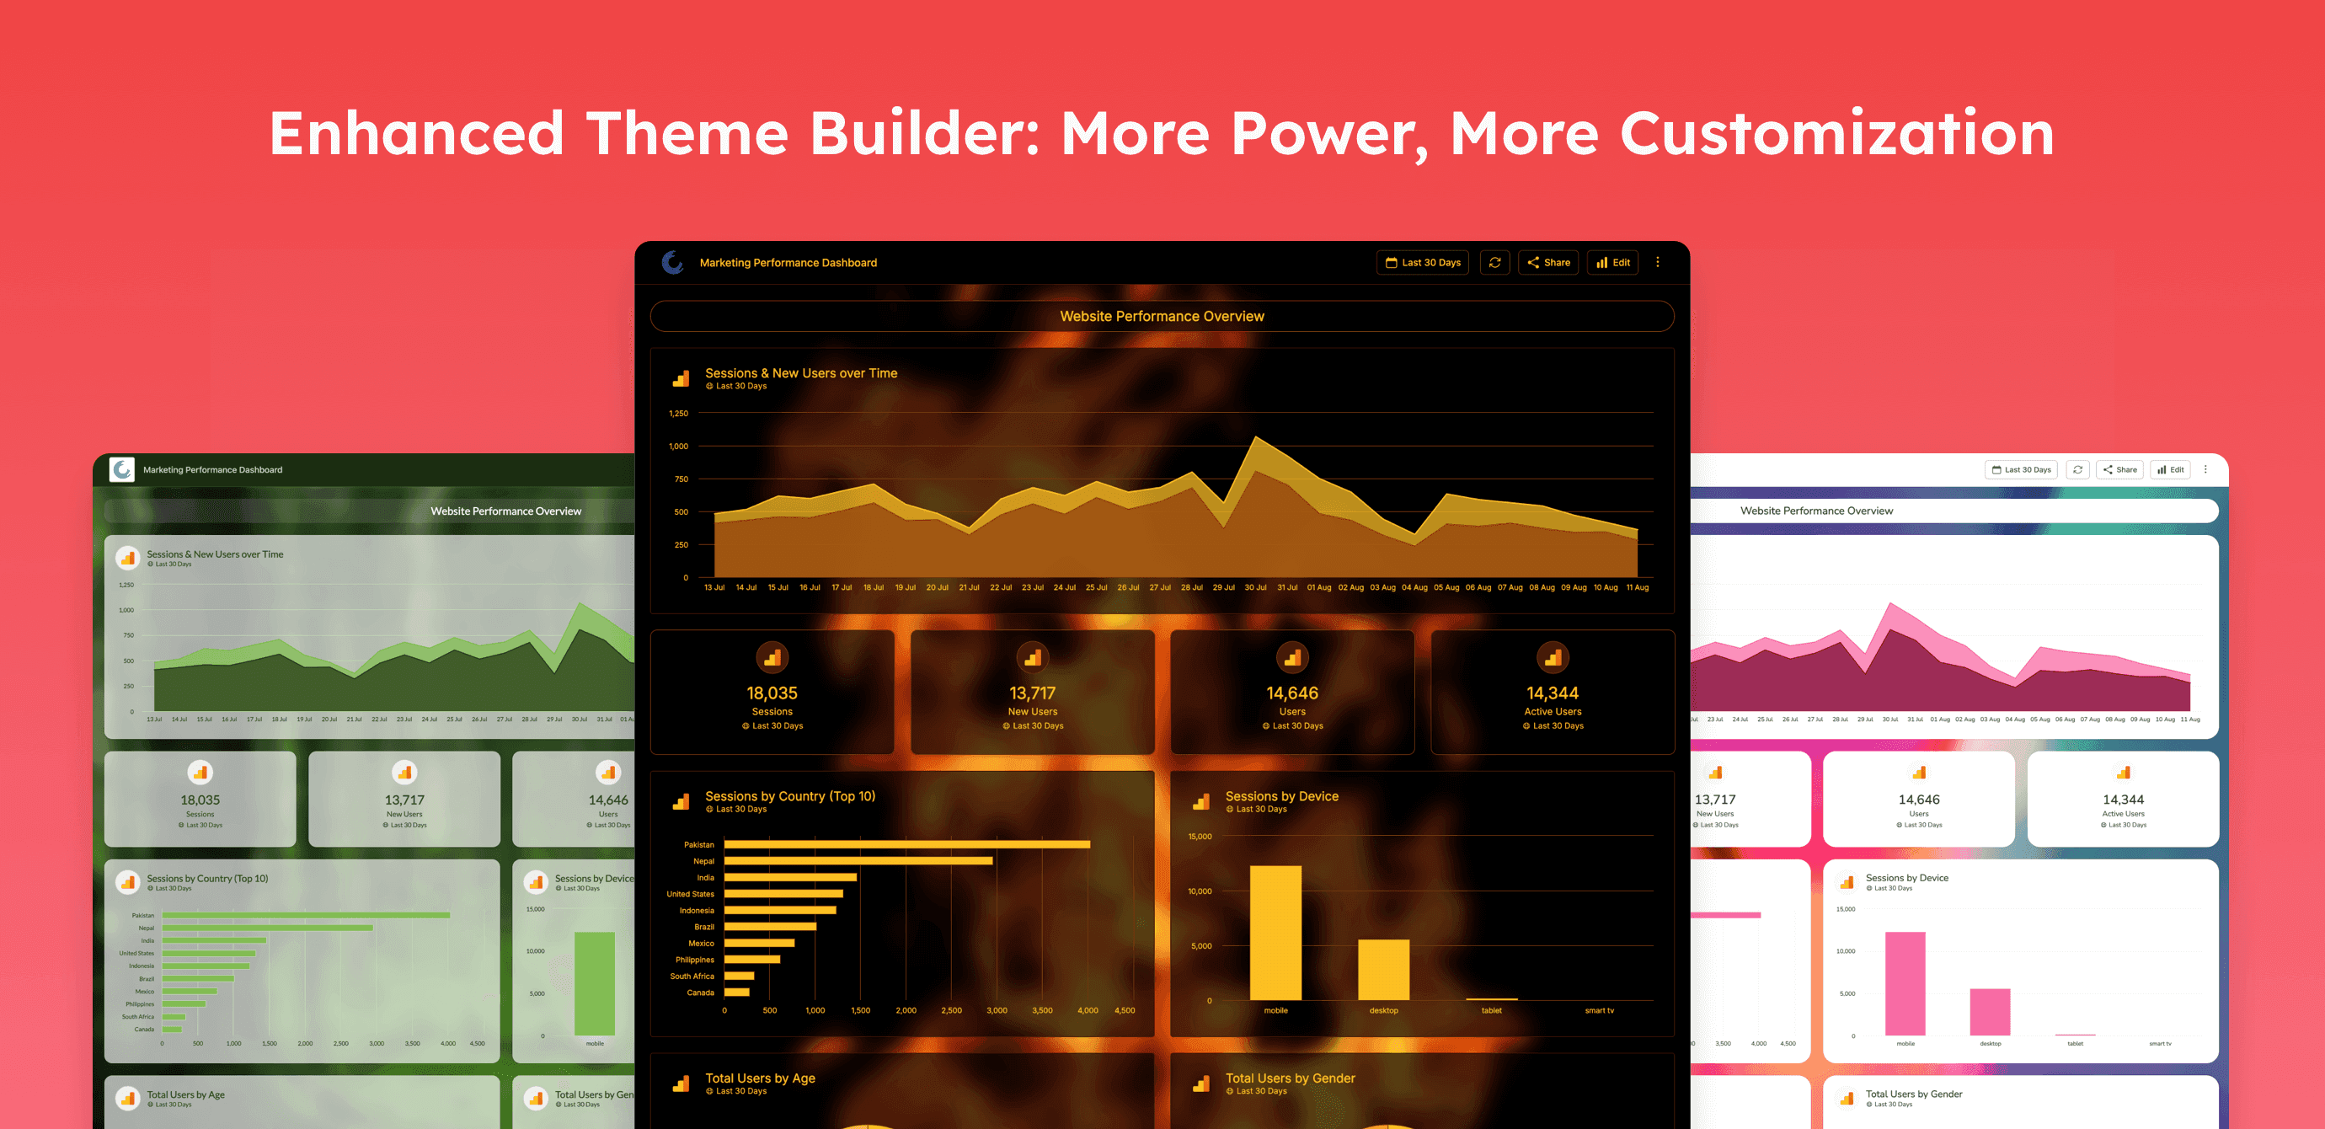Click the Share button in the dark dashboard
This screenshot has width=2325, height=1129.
point(1548,263)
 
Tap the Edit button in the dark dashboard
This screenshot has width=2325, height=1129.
point(1613,263)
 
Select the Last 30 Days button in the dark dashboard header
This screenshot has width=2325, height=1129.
point(1423,263)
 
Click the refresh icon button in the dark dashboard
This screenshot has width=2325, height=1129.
point(1494,263)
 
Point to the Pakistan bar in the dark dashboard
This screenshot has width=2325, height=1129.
point(906,845)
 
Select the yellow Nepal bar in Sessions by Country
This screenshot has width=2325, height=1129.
point(858,861)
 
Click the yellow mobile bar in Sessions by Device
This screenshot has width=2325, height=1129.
point(1275,932)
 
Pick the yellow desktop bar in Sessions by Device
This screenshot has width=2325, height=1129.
point(1383,969)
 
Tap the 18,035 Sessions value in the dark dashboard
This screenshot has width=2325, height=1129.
point(772,693)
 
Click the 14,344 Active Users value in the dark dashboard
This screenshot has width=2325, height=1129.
point(1553,693)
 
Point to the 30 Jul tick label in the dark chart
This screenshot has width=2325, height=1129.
point(1255,587)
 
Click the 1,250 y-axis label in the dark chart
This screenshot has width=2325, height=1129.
point(678,414)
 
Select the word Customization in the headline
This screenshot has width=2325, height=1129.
point(1836,134)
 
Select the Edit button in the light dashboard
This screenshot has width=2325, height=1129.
point(2171,469)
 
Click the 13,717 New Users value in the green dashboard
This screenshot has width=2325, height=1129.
point(404,800)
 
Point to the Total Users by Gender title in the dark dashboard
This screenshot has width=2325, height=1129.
point(1290,1078)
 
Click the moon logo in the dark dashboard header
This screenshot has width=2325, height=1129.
point(672,263)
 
